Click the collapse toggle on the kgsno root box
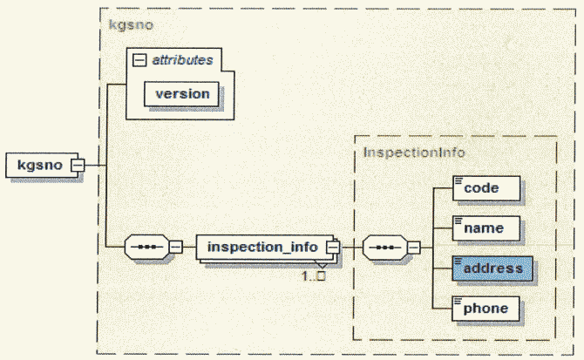77,165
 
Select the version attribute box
182,93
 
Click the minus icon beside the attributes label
139,60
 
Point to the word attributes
181,60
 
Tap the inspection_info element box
261,247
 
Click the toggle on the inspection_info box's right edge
331,247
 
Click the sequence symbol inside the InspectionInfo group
384,247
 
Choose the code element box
486,187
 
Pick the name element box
486,228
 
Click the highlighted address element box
492,268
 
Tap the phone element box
486,308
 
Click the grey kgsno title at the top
131,24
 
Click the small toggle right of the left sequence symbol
176,247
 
